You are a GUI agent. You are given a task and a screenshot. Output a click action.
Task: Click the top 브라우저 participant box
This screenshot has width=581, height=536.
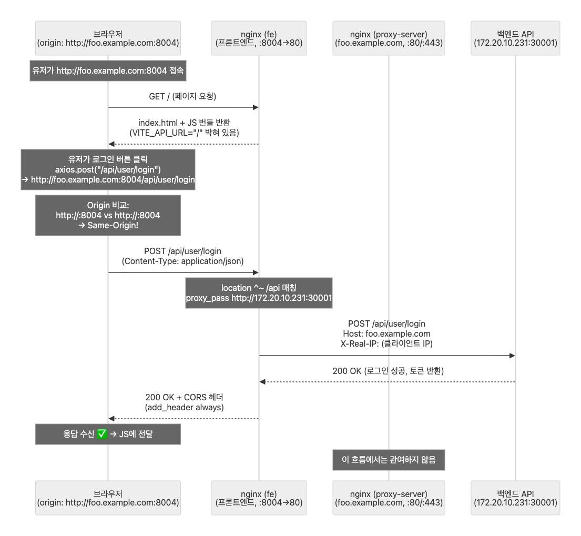pyautogui.click(x=108, y=38)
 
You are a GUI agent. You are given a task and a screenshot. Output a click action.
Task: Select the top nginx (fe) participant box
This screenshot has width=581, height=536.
pyautogui.click(x=259, y=38)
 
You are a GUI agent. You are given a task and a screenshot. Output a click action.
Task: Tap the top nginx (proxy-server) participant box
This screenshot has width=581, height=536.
pyautogui.click(x=389, y=38)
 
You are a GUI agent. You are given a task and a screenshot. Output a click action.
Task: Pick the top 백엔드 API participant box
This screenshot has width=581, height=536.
pyautogui.click(x=515, y=38)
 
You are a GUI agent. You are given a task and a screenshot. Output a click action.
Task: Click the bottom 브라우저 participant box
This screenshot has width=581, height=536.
pyautogui.click(x=108, y=498)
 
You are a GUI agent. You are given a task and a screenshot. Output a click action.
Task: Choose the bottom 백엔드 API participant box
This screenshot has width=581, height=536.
pyautogui.click(x=515, y=498)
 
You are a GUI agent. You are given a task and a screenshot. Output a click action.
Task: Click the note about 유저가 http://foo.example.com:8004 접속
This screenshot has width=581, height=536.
pyautogui.click(x=108, y=70)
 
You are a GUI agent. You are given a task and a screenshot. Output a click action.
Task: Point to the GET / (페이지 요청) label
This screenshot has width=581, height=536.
pyautogui.click(x=183, y=97)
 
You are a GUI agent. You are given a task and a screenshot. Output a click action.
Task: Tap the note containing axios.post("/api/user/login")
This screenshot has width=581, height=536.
pyautogui.click(x=108, y=169)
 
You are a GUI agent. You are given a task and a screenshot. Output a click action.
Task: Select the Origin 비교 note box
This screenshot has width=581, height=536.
pyautogui.click(x=108, y=215)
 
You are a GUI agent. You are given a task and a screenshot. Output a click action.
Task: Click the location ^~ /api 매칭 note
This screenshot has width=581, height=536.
pyautogui.click(x=259, y=293)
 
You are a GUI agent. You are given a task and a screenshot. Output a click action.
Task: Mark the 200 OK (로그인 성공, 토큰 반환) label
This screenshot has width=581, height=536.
pyautogui.click(x=388, y=371)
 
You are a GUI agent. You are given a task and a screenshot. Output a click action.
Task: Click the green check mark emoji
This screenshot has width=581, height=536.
pyautogui.click(x=103, y=434)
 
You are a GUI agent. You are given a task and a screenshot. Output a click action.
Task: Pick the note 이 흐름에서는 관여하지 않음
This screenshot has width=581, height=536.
pyautogui.click(x=389, y=460)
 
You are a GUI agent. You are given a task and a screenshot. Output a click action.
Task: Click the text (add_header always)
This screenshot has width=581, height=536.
pyautogui.click(x=183, y=407)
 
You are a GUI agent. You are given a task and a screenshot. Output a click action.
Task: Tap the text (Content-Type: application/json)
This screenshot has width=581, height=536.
pyautogui.click(x=183, y=261)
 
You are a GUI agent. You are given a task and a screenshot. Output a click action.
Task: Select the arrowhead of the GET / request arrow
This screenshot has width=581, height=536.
pyautogui.click(x=256, y=107)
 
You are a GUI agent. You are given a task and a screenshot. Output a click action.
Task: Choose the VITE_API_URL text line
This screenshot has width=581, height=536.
pyautogui.click(x=183, y=133)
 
